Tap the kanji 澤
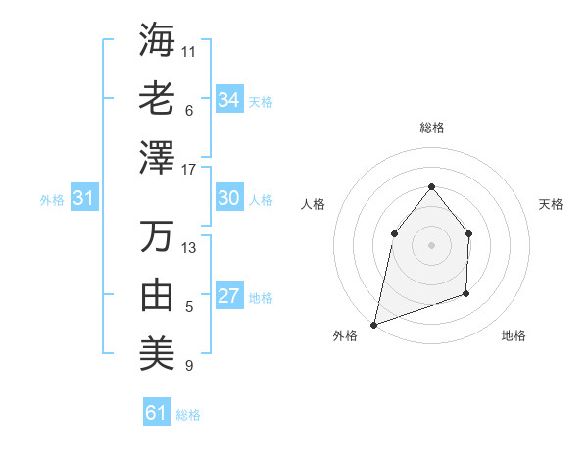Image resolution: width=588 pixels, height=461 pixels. (x=158, y=158)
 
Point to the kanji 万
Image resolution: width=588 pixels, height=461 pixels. (x=158, y=236)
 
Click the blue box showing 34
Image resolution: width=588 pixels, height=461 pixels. (x=229, y=99)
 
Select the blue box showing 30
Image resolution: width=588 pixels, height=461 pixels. (x=229, y=198)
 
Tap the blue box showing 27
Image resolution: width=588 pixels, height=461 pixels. (x=229, y=297)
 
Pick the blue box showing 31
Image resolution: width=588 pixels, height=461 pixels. (x=84, y=199)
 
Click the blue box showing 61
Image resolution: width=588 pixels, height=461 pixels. (x=157, y=413)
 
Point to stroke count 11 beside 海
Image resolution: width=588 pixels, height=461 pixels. (x=189, y=50)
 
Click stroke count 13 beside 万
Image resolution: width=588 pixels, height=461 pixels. (x=189, y=247)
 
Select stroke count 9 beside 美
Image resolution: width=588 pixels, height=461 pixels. (x=188, y=366)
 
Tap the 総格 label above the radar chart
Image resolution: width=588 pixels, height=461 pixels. (x=431, y=128)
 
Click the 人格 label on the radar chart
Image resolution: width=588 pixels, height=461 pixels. (x=314, y=204)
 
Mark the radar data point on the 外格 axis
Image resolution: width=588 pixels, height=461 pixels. (x=373, y=324)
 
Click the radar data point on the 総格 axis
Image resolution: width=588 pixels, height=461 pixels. (x=431, y=186)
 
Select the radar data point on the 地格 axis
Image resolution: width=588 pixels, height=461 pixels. (x=466, y=293)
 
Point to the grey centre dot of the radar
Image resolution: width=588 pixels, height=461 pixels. (x=431, y=244)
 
